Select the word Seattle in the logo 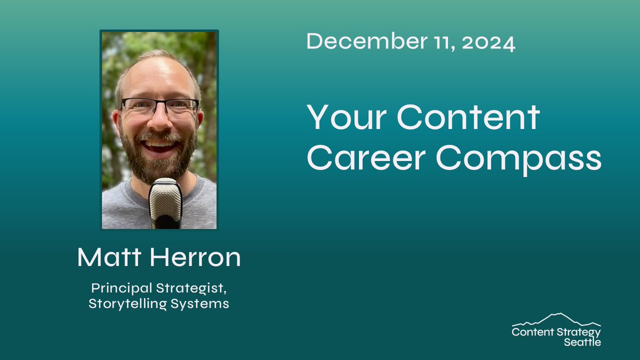[582, 342]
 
